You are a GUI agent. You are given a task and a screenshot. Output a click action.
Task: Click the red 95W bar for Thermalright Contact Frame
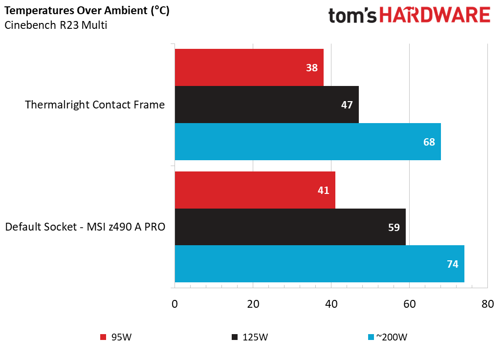click(x=249, y=67)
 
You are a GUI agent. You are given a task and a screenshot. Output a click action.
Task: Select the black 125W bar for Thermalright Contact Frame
click(x=266, y=105)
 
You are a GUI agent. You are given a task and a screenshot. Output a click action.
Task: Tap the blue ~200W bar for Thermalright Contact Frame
click(x=307, y=142)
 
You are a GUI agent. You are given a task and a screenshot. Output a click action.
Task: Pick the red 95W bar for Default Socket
click(x=255, y=190)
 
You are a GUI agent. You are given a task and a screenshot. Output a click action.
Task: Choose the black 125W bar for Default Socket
click(x=290, y=227)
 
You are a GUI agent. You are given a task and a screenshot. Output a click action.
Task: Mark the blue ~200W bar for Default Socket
click(x=319, y=264)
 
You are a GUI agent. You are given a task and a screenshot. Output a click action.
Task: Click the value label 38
click(x=312, y=68)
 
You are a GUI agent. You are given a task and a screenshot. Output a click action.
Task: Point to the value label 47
click(x=347, y=105)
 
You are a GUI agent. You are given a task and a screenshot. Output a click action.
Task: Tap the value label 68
click(x=429, y=142)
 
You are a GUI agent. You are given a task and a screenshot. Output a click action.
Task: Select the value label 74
click(x=453, y=264)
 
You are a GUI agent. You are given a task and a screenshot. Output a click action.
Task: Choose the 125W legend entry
click(x=250, y=337)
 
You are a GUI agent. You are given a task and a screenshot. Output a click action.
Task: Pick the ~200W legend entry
click(x=387, y=337)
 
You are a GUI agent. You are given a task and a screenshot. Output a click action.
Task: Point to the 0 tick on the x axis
click(x=175, y=303)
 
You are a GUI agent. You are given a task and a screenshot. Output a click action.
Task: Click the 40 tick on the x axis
click(x=331, y=303)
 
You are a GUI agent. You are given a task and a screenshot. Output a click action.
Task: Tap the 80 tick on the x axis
click(x=487, y=303)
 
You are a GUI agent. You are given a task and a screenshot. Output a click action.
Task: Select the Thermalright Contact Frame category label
click(x=95, y=105)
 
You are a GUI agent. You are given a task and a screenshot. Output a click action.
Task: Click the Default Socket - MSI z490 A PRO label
click(x=85, y=227)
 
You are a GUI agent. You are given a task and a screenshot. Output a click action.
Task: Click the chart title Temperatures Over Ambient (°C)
click(x=87, y=11)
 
